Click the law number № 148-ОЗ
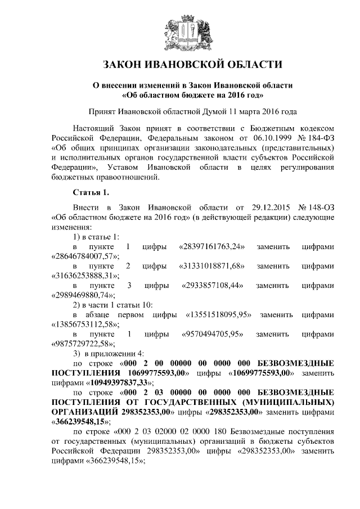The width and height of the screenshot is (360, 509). tap(314, 208)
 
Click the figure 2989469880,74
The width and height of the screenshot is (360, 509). tap(82, 295)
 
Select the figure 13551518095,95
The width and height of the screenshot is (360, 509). tap(218, 315)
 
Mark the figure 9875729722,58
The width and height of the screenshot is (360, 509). tap(82, 344)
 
